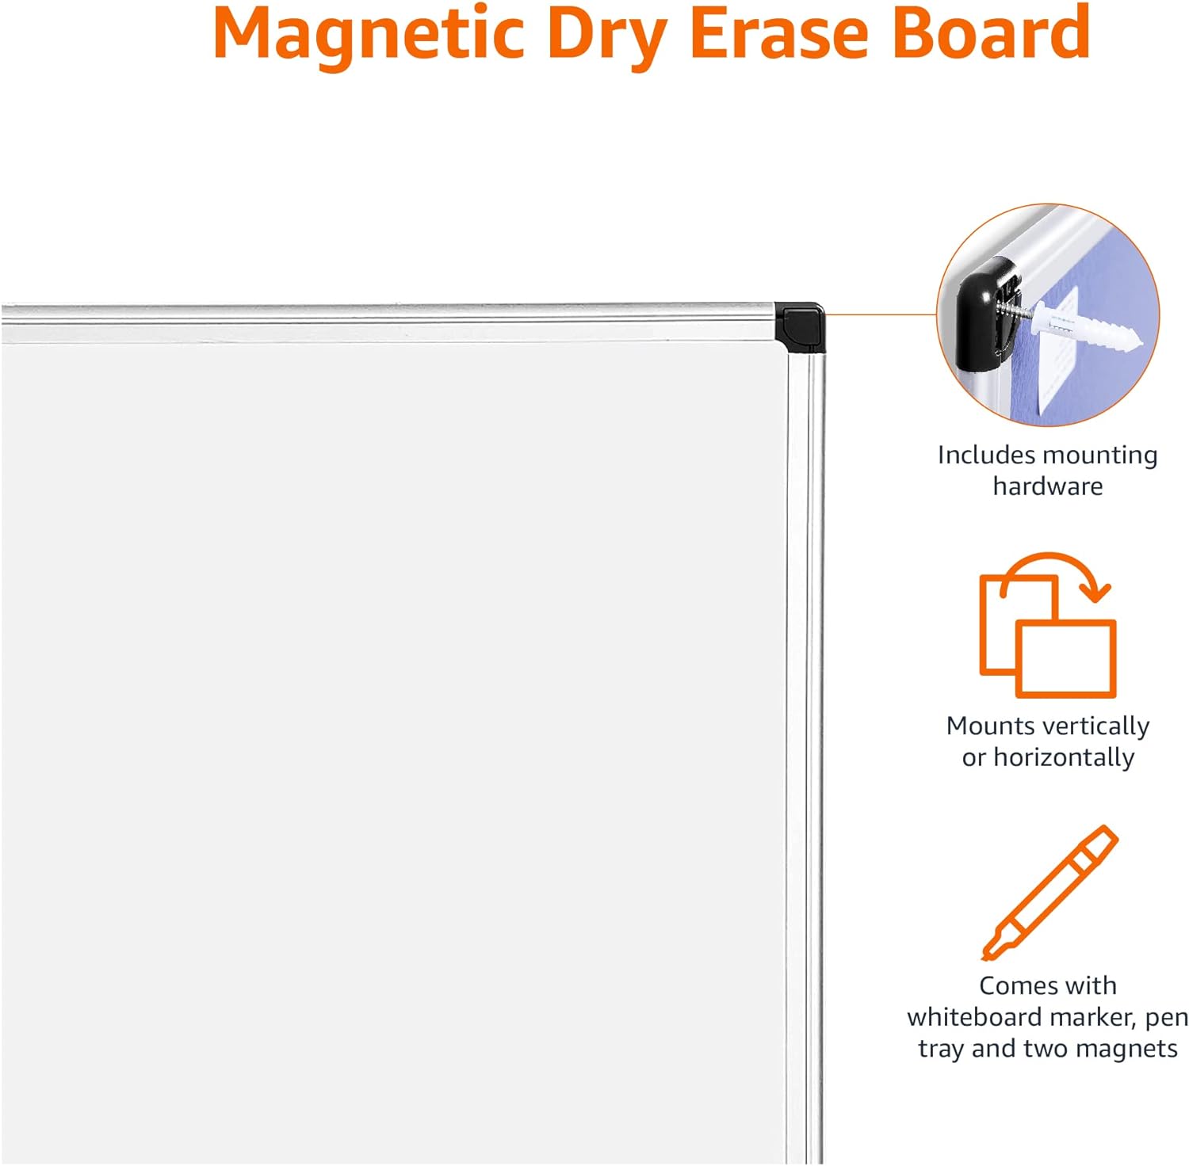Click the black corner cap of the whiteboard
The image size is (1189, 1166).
click(800, 326)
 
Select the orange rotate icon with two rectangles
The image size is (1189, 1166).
click(1048, 625)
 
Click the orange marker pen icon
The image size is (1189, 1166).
click(1049, 893)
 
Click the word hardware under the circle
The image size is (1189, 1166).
click(1048, 486)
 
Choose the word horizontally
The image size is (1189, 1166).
click(1065, 758)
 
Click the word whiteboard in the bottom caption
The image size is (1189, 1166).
click(975, 1017)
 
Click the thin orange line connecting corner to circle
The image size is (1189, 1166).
click(881, 314)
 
